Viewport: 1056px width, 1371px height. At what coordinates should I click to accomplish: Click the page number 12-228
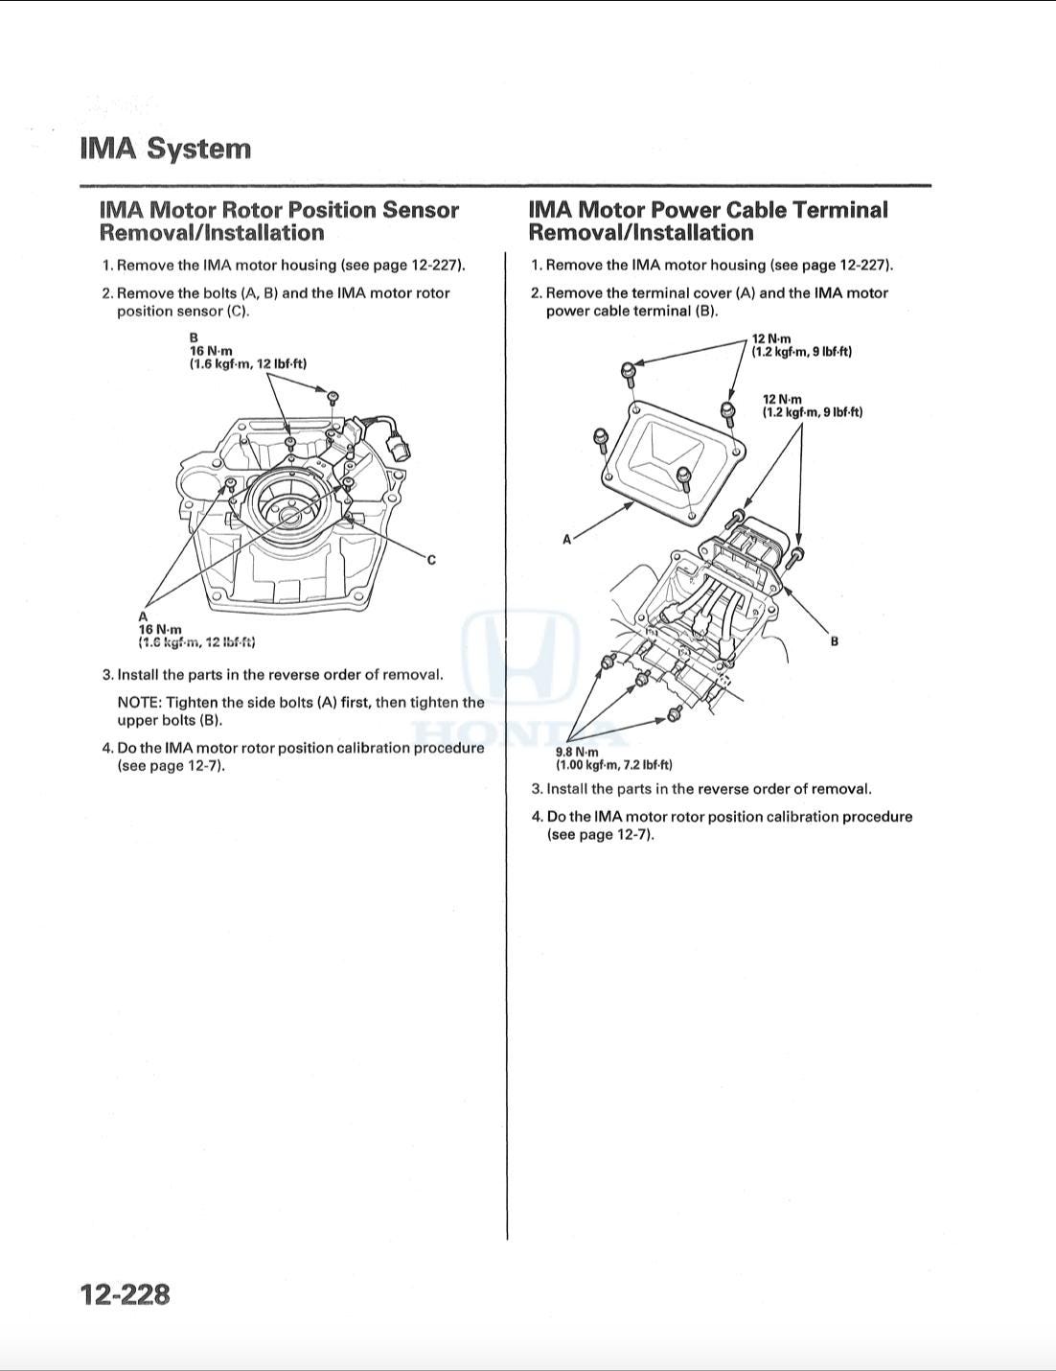[x=126, y=1294]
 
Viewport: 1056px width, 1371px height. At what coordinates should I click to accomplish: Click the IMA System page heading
[x=166, y=149]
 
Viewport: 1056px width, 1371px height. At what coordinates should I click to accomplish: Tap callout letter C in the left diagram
[x=431, y=560]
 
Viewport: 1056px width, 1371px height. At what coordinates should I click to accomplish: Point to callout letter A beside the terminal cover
[x=566, y=540]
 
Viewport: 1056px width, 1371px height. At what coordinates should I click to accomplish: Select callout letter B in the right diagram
[x=834, y=641]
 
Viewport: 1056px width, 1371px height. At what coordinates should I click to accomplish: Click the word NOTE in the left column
[x=138, y=703]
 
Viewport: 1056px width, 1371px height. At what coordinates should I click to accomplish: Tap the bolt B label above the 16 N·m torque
[x=194, y=337]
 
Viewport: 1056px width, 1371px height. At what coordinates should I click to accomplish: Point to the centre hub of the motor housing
[x=289, y=516]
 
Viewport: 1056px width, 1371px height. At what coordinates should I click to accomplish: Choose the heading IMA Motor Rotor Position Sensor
[x=279, y=210]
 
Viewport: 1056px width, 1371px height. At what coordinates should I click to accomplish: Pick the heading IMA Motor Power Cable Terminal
[x=708, y=210]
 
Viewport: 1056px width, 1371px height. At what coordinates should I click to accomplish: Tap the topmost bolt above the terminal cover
[x=628, y=370]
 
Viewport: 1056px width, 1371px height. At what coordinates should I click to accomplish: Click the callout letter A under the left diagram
[x=144, y=616]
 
